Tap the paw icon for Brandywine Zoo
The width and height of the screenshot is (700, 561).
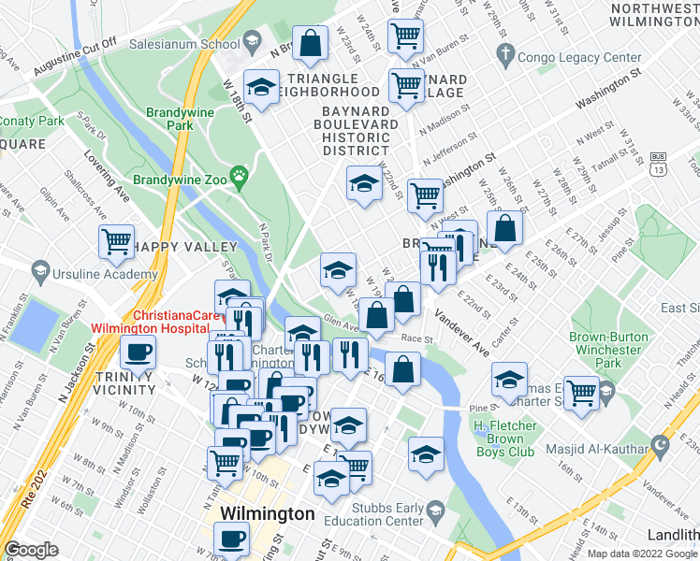[241, 173]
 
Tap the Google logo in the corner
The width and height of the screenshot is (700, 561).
[32, 550]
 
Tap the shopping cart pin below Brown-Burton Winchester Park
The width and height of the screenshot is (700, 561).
[581, 391]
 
